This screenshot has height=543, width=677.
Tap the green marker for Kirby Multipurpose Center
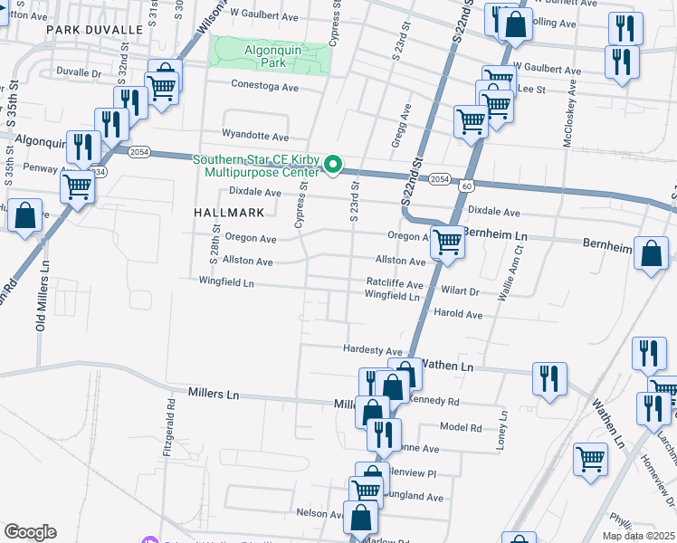333,165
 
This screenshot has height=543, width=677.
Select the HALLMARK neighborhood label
230,213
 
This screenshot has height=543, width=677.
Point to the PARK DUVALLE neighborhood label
96,30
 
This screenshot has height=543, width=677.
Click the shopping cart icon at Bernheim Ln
447,243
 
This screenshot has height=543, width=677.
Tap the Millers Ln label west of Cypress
214,394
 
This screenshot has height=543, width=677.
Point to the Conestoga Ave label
265,88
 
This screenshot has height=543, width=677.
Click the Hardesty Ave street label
372,350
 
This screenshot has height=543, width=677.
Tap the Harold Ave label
459,314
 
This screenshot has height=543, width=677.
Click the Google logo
30,532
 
